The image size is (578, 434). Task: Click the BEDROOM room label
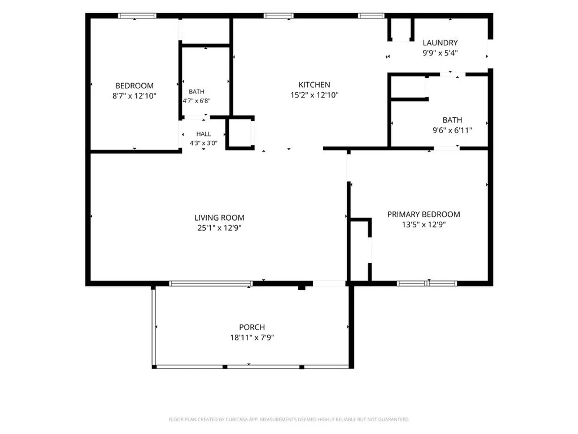134,86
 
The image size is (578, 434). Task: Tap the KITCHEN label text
314,84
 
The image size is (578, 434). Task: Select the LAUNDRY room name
440,43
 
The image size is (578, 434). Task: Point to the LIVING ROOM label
219,218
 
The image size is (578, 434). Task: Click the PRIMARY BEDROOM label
424,214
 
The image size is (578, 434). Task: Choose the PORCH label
252,327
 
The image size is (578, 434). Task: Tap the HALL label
204,134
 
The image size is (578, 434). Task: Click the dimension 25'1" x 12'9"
219,228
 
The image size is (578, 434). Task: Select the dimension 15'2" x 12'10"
314,95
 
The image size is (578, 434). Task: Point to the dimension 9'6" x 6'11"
452,130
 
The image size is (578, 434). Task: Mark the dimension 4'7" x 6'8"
196,100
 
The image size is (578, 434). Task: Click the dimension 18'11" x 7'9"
252,337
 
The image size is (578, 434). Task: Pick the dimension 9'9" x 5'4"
440,53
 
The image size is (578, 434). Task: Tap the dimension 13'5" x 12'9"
424,225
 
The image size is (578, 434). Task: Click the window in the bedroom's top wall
137,16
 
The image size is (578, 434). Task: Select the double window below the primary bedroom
427,283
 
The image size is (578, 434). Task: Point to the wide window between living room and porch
211,283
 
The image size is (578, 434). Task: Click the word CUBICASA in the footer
235,419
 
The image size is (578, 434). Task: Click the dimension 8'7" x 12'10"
134,96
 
